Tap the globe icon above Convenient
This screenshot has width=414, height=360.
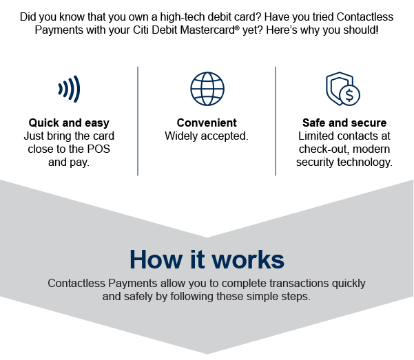pyautogui.click(x=207, y=89)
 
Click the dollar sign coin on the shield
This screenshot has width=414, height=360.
pyautogui.click(x=349, y=95)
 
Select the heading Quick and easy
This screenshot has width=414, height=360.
pyautogui.click(x=69, y=123)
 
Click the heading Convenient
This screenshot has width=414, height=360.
pyautogui.click(x=207, y=123)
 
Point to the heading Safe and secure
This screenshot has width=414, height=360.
pyautogui.click(x=344, y=123)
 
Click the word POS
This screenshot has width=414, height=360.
pyautogui.click(x=99, y=149)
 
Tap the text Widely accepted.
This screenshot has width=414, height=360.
pyautogui.click(x=207, y=136)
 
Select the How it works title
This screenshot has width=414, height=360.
pyautogui.click(x=207, y=260)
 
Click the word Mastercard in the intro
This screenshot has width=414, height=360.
pyautogui.click(x=207, y=30)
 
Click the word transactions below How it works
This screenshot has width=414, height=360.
pyautogui.click(x=299, y=283)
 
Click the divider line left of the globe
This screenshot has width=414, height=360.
pyautogui.click(x=138, y=121)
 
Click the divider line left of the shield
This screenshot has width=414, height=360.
pyautogui.click(x=276, y=121)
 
